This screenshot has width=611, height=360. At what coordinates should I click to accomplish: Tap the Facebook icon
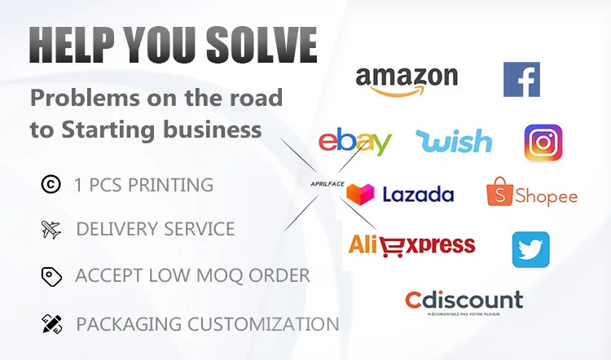click(x=521, y=80)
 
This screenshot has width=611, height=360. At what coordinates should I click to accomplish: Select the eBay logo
click(x=354, y=142)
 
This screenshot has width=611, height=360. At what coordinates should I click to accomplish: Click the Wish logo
click(x=454, y=141)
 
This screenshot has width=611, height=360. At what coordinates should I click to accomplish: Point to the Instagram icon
click(x=543, y=143)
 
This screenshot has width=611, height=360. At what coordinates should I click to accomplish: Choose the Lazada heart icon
click(x=360, y=194)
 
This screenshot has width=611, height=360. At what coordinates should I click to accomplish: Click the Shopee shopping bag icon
click(x=501, y=192)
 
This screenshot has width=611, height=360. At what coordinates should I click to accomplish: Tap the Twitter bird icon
click(x=530, y=249)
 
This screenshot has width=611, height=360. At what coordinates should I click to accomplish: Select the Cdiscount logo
click(x=464, y=301)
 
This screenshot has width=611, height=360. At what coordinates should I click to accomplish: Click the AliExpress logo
click(x=411, y=244)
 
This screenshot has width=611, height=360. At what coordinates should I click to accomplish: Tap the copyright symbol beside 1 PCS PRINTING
click(x=51, y=185)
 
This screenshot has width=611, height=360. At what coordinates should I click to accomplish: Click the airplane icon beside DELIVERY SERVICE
click(x=51, y=230)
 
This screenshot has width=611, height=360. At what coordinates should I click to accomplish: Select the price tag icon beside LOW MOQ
click(x=51, y=276)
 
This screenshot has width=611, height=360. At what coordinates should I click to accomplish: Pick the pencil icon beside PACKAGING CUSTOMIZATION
click(x=51, y=323)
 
